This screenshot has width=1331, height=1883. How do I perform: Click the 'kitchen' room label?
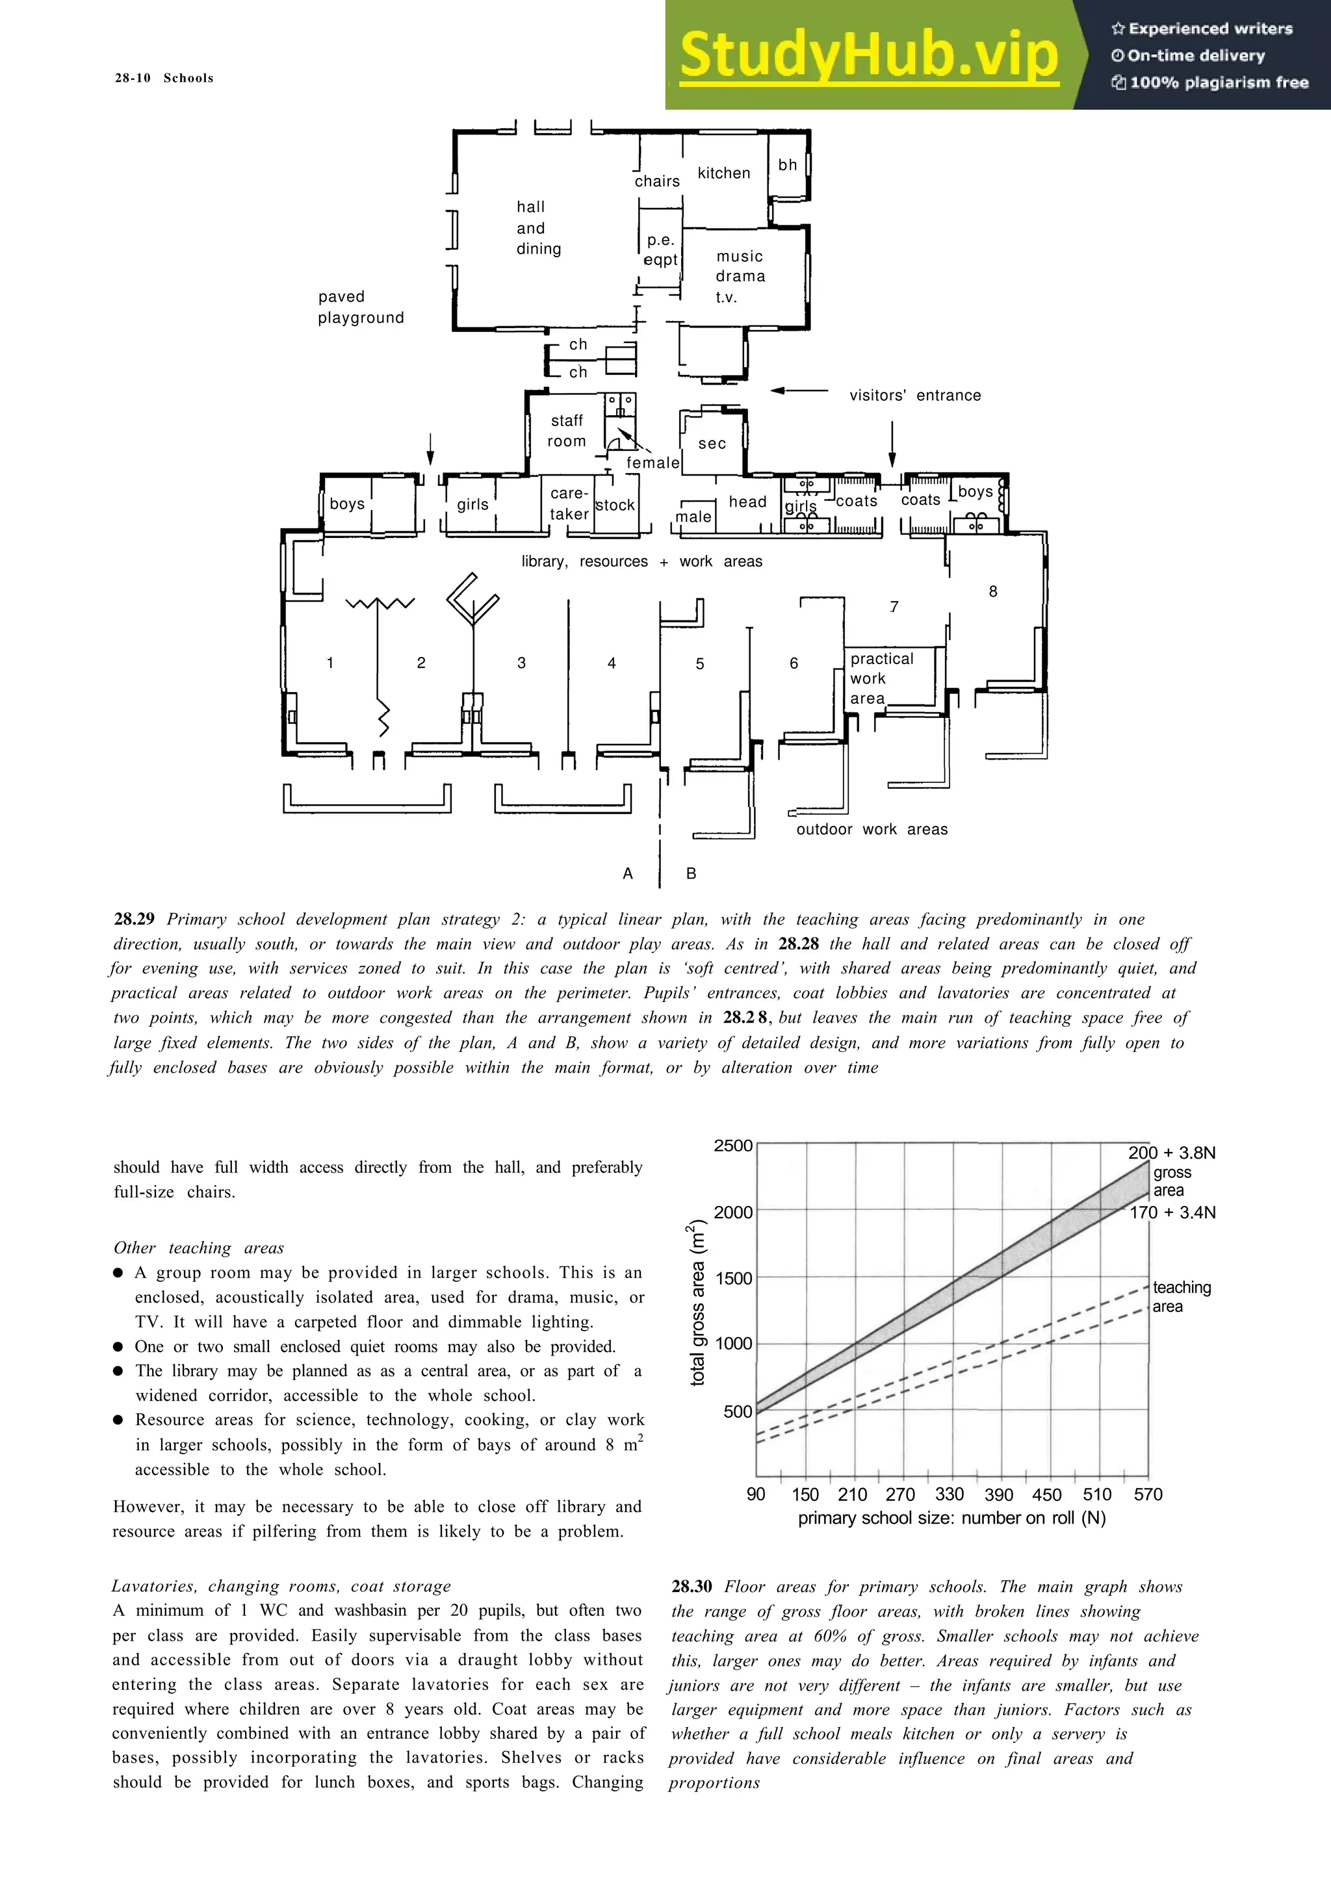[723, 173]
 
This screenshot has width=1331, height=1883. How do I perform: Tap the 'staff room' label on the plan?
[567, 431]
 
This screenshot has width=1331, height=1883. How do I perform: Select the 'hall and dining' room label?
[537, 228]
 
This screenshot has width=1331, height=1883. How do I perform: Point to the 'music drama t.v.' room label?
[740, 276]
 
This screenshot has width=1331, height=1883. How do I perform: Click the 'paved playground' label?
[361, 307]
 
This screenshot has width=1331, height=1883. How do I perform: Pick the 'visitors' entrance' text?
[914, 395]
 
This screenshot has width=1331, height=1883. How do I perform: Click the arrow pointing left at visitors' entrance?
[799, 391]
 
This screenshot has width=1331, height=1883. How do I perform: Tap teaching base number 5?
[699, 663]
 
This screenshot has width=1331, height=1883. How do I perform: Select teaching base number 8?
[992, 591]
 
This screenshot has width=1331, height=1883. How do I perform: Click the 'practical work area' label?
[880, 678]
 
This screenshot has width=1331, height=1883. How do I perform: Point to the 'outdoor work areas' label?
[871, 829]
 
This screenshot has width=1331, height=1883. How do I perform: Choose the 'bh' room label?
[787, 165]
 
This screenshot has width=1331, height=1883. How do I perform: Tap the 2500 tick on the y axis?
[732, 1146]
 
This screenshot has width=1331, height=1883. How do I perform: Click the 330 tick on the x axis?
[949, 1494]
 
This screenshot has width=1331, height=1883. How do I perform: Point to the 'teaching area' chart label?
[1181, 1297]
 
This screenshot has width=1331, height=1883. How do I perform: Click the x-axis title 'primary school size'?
[951, 1518]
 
